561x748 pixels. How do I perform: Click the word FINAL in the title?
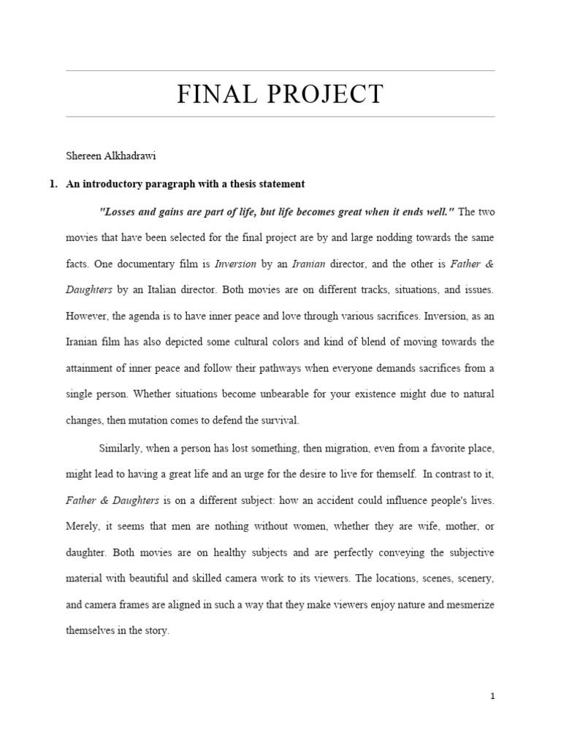coord(213,94)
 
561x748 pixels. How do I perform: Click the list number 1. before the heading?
coord(53,184)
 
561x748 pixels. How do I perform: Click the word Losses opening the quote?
coord(120,211)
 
